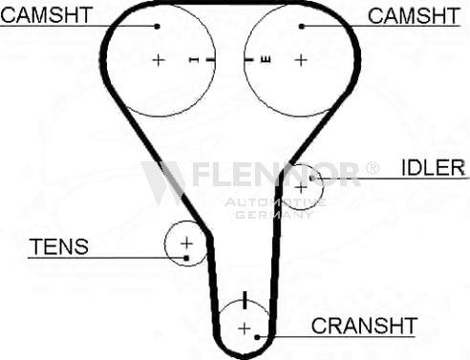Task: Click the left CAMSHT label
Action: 47,15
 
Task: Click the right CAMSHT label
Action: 414,15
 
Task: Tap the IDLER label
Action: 434,167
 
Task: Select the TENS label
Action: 59,246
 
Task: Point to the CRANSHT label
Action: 364,326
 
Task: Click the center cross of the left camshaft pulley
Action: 159,60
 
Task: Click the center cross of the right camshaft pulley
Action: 301,60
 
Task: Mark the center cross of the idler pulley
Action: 301,188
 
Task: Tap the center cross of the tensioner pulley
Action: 186,244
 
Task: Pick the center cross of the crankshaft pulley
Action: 245,328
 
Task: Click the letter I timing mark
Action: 194,59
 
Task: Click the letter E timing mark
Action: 266,59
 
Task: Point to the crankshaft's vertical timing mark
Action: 245,300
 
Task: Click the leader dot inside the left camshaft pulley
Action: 157,27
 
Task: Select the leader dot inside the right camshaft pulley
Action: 302,27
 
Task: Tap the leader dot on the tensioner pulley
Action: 186,258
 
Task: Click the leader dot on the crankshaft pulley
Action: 257,337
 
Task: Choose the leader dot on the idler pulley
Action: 312,178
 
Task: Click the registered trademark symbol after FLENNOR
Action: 372,168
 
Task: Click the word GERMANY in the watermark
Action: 274,215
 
